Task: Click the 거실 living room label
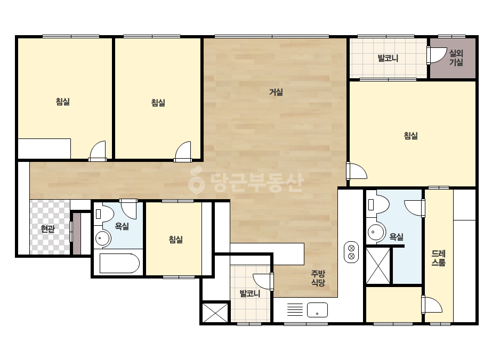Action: click(x=276, y=92)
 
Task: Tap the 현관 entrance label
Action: click(x=48, y=229)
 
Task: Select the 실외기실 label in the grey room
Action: click(x=456, y=58)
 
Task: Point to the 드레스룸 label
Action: click(x=438, y=258)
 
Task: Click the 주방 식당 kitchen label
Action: click(x=318, y=278)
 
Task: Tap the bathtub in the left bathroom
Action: click(x=119, y=263)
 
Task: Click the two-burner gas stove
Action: click(x=351, y=252)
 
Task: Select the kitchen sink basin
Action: click(x=318, y=310)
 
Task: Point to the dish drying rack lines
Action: click(x=295, y=309)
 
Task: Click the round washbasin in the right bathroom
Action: click(x=376, y=232)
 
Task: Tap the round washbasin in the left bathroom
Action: click(x=102, y=239)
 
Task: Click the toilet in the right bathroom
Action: click(x=378, y=204)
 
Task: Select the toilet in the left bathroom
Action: click(x=104, y=213)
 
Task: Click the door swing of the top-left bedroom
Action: click(x=98, y=151)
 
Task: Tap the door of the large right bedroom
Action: click(x=357, y=171)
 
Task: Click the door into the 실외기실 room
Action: click(x=437, y=56)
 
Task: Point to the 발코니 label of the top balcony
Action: click(x=388, y=59)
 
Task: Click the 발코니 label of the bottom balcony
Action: click(x=250, y=294)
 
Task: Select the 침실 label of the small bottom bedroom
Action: click(x=176, y=240)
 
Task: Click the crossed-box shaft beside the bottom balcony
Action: click(x=215, y=312)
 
